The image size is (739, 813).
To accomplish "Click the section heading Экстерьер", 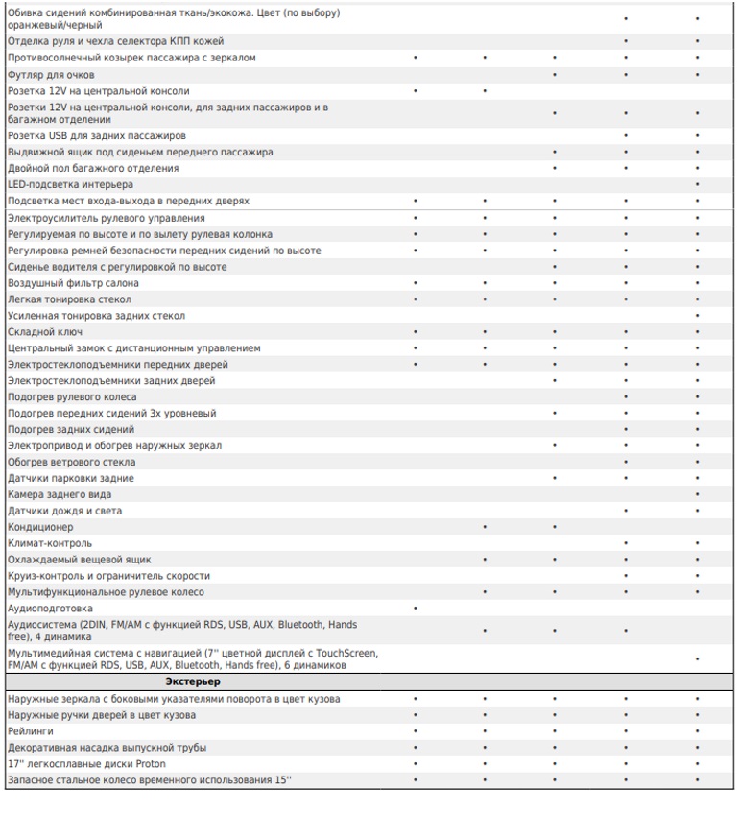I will click(x=192, y=681).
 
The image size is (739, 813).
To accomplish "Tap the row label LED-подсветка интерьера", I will click(x=70, y=184).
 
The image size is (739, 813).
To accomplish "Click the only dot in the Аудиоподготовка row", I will click(x=415, y=609).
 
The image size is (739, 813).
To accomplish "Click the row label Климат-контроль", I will click(x=50, y=543).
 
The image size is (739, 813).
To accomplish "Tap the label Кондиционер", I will click(x=40, y=527).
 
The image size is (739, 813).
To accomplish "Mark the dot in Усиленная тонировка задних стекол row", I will click(x=698, y=316).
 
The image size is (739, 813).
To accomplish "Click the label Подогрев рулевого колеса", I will click(x=72, y=397).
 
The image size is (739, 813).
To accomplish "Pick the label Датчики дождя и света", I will click(x=64, y=511).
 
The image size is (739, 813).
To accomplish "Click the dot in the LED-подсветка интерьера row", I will click(x=698, y=184).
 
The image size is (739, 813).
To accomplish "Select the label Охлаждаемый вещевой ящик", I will click(x=80, y=560).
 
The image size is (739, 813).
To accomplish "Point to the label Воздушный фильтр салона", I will click(x=73, y=283).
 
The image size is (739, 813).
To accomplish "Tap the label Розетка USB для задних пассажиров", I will click(x=96, y=136).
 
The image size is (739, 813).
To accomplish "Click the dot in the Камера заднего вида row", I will click(x=698, y=494).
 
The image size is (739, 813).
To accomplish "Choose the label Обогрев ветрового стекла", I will click(x=71, y=462).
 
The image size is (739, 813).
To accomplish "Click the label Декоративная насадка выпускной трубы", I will click(x=107, y=747).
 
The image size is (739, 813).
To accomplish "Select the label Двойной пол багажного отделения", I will click(x=92, y=168).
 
